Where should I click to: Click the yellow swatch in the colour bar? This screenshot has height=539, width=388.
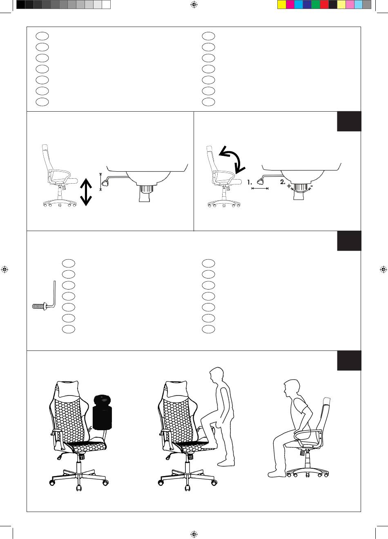(281, 4)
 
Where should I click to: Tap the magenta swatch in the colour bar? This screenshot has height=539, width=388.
(290, 4)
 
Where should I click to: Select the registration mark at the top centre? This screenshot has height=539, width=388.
(194, 4)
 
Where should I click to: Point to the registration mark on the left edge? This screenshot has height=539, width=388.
(4, 269)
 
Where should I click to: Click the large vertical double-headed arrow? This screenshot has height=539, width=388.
(86, 192)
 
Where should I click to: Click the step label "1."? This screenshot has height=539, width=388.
(250, 183)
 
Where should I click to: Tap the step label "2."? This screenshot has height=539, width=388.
(283, 182)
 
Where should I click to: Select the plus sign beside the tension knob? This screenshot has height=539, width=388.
(288, 186)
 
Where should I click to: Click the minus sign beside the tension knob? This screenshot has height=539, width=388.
(312, 186)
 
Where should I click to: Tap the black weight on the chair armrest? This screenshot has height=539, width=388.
(103, 412)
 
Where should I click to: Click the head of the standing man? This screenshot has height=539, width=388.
(216, 375)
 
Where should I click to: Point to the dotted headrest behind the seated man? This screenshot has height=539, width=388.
(327, 401)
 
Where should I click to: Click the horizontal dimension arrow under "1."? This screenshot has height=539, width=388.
(260, 189)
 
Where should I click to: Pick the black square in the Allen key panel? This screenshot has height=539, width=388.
(349, 240)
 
